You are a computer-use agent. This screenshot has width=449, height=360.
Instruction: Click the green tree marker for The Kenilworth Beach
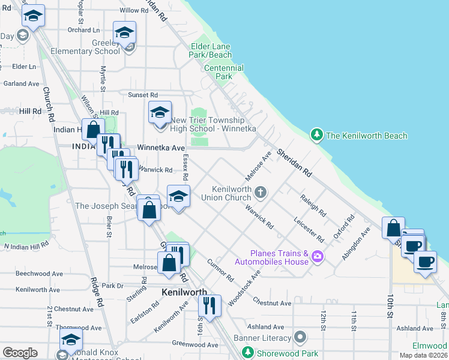pos(316,135)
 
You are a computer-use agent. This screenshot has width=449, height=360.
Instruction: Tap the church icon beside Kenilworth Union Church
pos(260,193)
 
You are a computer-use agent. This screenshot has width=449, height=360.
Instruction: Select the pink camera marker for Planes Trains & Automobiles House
pos(317,257)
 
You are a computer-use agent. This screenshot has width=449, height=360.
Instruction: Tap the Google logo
pos(20,353)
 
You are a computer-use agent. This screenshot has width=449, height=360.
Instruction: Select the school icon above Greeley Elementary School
pos(124,32)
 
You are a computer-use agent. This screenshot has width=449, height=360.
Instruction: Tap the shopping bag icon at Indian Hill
pos(93,129)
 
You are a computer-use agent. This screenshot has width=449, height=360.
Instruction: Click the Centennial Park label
pos(223,72)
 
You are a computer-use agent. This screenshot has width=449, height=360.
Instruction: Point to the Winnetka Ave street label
pos(161,147)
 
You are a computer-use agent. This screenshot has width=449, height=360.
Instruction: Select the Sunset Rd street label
pos(143,95)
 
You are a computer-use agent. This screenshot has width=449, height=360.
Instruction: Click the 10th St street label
pos(390,305)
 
